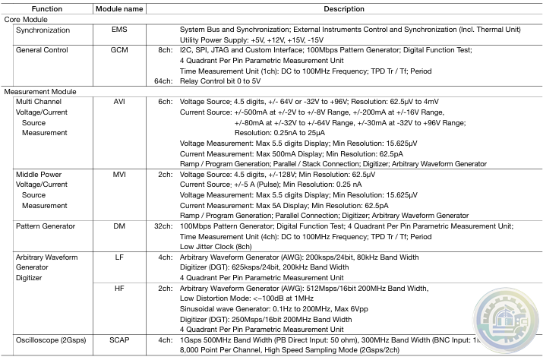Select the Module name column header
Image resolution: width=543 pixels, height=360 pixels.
pos(118,8)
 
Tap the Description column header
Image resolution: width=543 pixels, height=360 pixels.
pos(345,8)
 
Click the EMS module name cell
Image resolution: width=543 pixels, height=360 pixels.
pos(118,29)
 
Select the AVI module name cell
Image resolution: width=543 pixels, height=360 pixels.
pos(118,101)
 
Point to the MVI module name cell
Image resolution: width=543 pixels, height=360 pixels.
pos(118,174)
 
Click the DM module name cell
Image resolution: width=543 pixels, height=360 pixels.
pos(118,226)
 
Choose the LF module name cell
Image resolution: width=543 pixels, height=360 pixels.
pos(118,257)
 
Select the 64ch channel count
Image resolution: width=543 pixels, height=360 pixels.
pos(163,81)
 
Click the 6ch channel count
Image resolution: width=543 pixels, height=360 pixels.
pos(165,101)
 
